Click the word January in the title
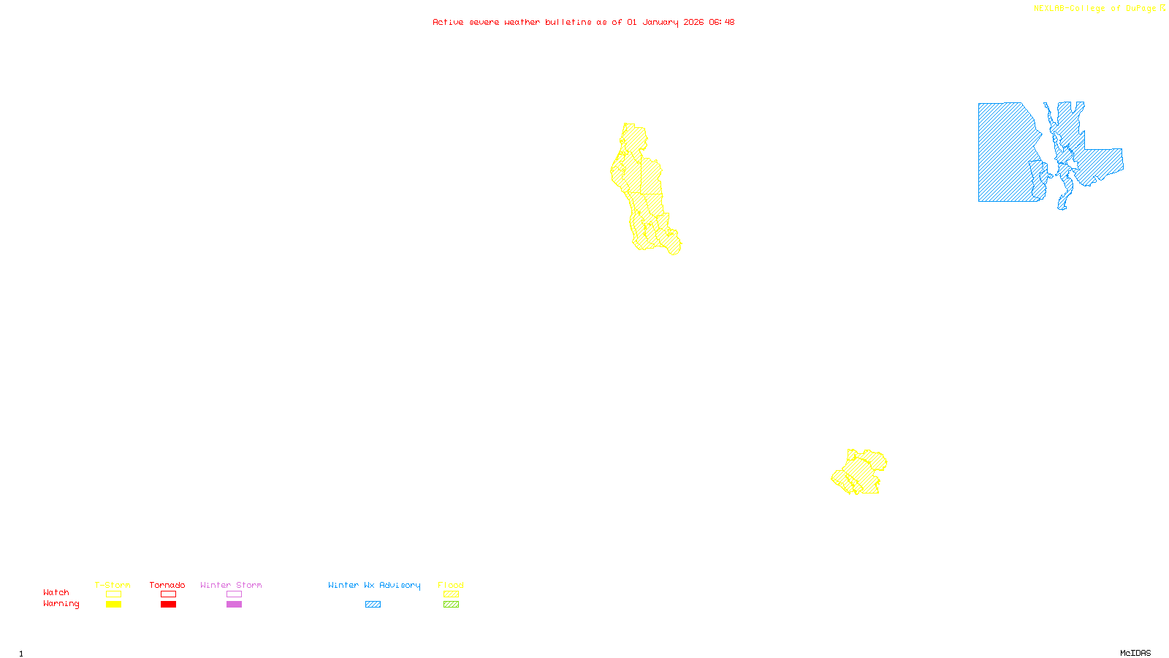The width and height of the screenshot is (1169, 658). [660, 22]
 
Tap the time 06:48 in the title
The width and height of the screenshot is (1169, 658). [721, 22]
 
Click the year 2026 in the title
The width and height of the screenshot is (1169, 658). [693, 22]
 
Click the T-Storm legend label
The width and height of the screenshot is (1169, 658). [113, 585]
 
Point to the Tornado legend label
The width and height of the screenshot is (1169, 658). [167, 585]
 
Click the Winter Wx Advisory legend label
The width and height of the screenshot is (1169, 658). [374, 585]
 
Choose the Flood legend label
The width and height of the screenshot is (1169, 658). [451, 585]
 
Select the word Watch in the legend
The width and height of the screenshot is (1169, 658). [56, 592]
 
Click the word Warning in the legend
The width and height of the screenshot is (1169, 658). [61, 604]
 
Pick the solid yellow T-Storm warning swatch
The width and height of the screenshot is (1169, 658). [113, 605]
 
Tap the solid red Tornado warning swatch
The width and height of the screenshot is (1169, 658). [168, 605]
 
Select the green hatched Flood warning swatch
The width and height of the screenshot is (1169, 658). [451, 605]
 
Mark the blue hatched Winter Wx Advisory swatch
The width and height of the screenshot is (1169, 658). [373, 605]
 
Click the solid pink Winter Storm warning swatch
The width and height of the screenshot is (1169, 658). [234, 605]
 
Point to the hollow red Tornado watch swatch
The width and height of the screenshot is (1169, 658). [168, 594]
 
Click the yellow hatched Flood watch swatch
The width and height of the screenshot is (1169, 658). [451, 594]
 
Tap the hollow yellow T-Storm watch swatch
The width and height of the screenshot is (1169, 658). [113, 594]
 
